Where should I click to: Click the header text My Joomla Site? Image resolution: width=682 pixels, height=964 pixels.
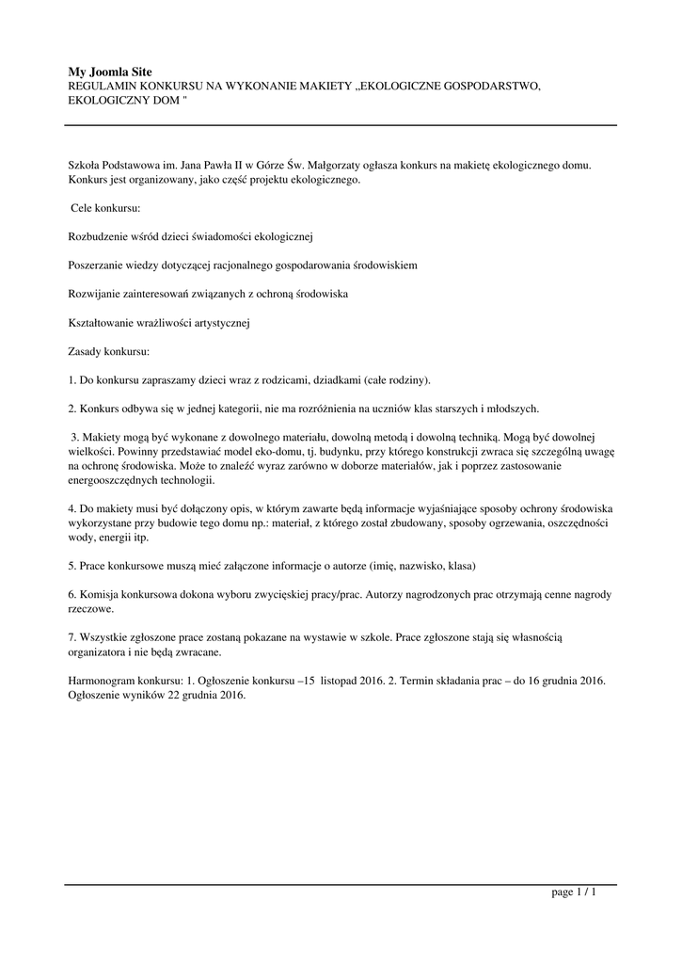click(x=110, y=72)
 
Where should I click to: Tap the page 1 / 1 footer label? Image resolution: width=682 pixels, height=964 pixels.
click(x=574, y=892)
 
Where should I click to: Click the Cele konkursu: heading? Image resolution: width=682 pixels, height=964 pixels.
click(x=105, y=206)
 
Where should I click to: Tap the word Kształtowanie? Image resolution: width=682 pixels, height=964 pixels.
click(x=103, y=323)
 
